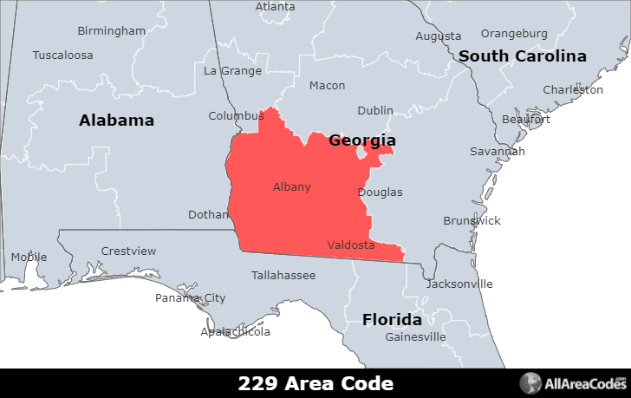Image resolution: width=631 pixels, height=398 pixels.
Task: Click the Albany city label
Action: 291,187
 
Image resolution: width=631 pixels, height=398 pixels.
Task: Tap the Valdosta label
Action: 351,245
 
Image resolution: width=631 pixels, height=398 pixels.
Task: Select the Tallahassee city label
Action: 283,276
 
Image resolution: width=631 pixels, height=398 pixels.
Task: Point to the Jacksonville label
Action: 459,284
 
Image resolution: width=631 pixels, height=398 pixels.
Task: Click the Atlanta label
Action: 275,7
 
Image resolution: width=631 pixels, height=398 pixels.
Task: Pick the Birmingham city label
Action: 112,31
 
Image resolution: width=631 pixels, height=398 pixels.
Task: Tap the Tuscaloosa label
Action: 62,55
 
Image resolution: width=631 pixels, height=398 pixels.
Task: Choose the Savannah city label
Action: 498,151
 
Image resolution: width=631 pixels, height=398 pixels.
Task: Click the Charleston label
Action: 573,90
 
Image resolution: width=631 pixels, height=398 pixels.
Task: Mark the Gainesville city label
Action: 415,336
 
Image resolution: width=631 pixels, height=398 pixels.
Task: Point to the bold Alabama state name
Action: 116,121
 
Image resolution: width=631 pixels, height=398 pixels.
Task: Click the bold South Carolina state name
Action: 523,56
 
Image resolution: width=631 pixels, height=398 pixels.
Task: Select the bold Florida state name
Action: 392,319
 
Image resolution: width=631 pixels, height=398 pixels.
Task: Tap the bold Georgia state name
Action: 362,140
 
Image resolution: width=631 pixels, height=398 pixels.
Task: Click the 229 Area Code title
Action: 315,383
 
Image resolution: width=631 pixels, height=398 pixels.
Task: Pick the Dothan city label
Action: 208,214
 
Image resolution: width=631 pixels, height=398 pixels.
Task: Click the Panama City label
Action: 190,298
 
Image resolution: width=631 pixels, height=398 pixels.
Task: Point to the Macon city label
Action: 327,86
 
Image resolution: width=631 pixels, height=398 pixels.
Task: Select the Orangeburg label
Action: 514,34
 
